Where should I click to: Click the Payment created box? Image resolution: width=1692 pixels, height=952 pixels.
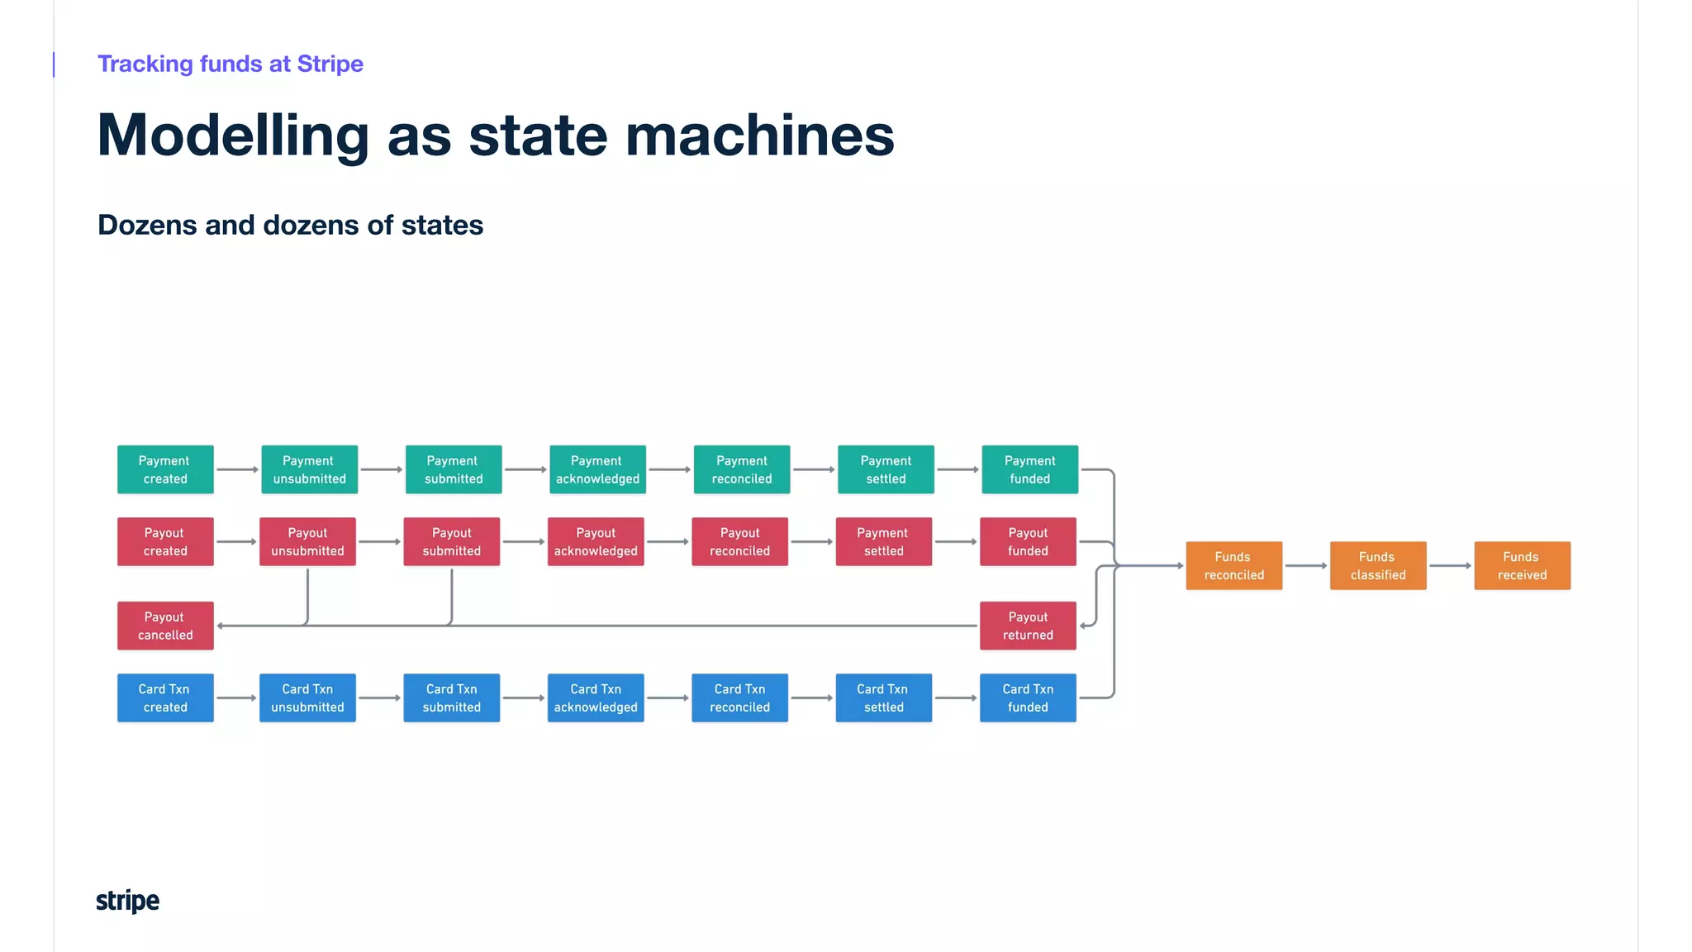click(x=165, y=469)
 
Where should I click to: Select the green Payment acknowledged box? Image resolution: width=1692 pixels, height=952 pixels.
click(x=597, y=469)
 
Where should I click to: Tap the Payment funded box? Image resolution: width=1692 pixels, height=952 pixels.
click(x=1029, y=469)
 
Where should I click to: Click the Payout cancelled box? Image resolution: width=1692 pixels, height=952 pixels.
click(x=165, y=626)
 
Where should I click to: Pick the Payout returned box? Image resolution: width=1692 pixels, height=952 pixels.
click(x=1028, y=626)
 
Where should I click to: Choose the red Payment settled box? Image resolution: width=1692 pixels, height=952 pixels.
click(x=883, y=541)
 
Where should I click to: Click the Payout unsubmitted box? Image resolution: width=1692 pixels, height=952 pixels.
click(x=307, y=541)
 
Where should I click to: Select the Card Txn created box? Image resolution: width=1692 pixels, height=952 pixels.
click(x=165, y=697)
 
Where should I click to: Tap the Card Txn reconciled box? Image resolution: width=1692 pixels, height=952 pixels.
click(x=739, y=697)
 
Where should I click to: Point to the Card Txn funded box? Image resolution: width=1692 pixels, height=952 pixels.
click(x=1028, y=697)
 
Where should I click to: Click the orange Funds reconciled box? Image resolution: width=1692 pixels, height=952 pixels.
click(x=1233, y=565)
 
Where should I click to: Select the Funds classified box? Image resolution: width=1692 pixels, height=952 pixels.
click(x=1377, y=565)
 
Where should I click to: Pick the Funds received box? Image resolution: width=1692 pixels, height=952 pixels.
click(x=1522, y=565)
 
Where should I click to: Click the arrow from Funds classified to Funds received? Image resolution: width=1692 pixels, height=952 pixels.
click(x=1450, y=565)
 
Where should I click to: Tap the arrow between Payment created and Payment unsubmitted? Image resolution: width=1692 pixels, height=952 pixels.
click(x=237, y=469)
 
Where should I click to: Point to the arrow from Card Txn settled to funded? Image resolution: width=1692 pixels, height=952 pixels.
click(x=956, y=697)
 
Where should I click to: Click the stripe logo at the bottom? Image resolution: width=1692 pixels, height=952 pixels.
click(x=127, y=900)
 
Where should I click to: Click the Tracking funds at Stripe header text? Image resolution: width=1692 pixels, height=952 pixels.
click(x=230, y=64)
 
